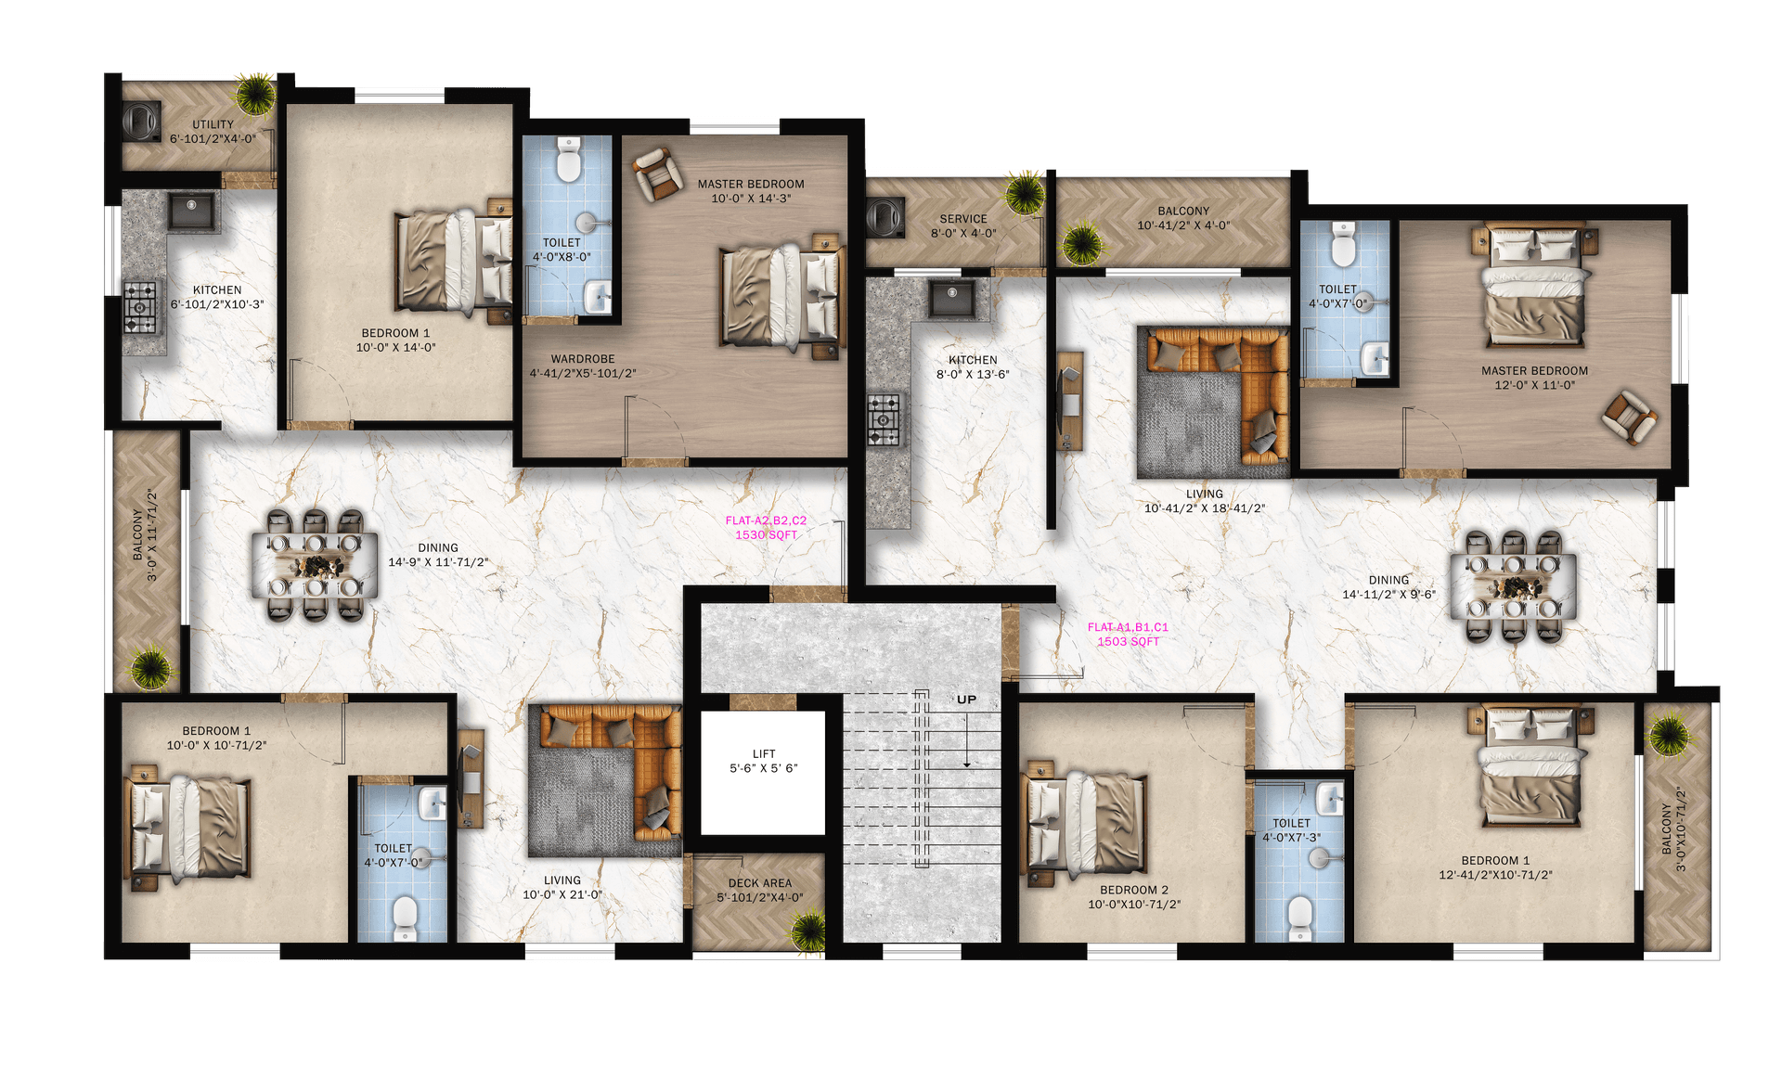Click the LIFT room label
(x=764, y=754)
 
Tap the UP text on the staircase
(x=967, y=700)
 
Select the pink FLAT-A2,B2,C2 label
(x=766, y=520)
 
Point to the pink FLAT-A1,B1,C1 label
(x=1128, y=627)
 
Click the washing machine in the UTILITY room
(x=141, y=122)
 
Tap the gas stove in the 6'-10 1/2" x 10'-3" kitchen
(x=140, y=306)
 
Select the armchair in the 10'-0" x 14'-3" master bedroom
(x=657, y=173)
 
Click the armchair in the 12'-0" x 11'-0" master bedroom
(x=1629, y=417)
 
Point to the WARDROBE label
(x=583, y=359)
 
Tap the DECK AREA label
(x=760, y=883)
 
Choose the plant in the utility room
(x=253, y=93)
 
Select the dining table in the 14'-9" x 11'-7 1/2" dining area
(x=316, y=564)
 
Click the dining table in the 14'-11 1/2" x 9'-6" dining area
(x=1514, y=586)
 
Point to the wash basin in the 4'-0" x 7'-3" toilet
(x=1330, y=798)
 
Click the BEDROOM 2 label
(x=1134, y=890)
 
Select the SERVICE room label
(x=963, y=219)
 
